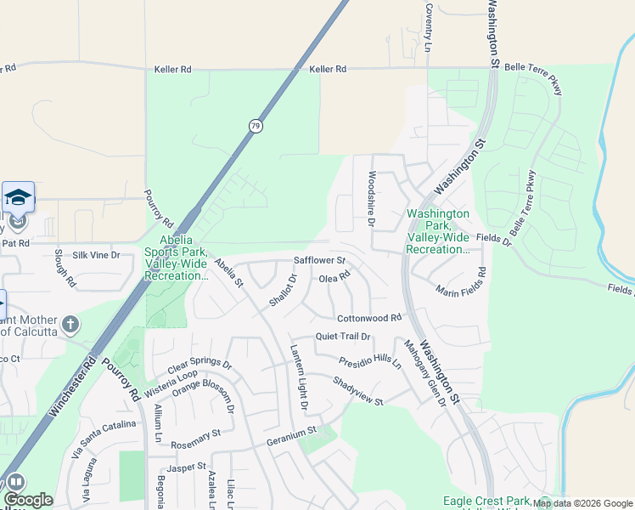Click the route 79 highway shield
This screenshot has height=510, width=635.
[256, 126]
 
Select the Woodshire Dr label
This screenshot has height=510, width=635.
[371, 199]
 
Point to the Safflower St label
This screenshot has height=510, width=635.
[319, 260]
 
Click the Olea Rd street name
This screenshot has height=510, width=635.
[334, 276]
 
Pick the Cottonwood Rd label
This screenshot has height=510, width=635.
[368, 318]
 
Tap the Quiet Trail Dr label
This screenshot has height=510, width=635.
[343, 337]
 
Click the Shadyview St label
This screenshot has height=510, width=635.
[358, 391]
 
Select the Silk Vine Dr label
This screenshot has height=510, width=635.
[97, 255]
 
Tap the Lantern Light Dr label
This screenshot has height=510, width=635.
[299, 378]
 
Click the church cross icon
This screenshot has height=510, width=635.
[70, 324]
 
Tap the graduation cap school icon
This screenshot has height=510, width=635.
[18, 197]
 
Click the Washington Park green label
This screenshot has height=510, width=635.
[437, 231]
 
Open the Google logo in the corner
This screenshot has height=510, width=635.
[28, 500]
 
